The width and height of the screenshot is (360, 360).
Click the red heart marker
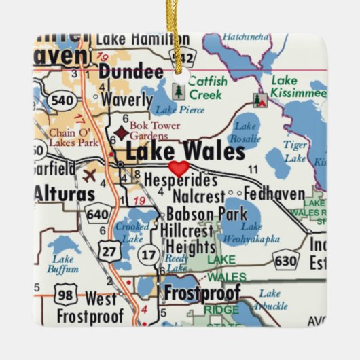coord(179,168)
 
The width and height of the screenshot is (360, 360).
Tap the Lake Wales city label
coord(184,150)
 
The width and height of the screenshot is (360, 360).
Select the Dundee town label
coord(131,71)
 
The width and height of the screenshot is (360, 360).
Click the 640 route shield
coord(96,215)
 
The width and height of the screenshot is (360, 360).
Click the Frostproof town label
coord(202,293)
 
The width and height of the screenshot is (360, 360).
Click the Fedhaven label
coord(274,194)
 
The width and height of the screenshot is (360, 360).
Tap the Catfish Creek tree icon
coord(178,91)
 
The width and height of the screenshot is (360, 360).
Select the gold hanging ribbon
coord(180,34)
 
